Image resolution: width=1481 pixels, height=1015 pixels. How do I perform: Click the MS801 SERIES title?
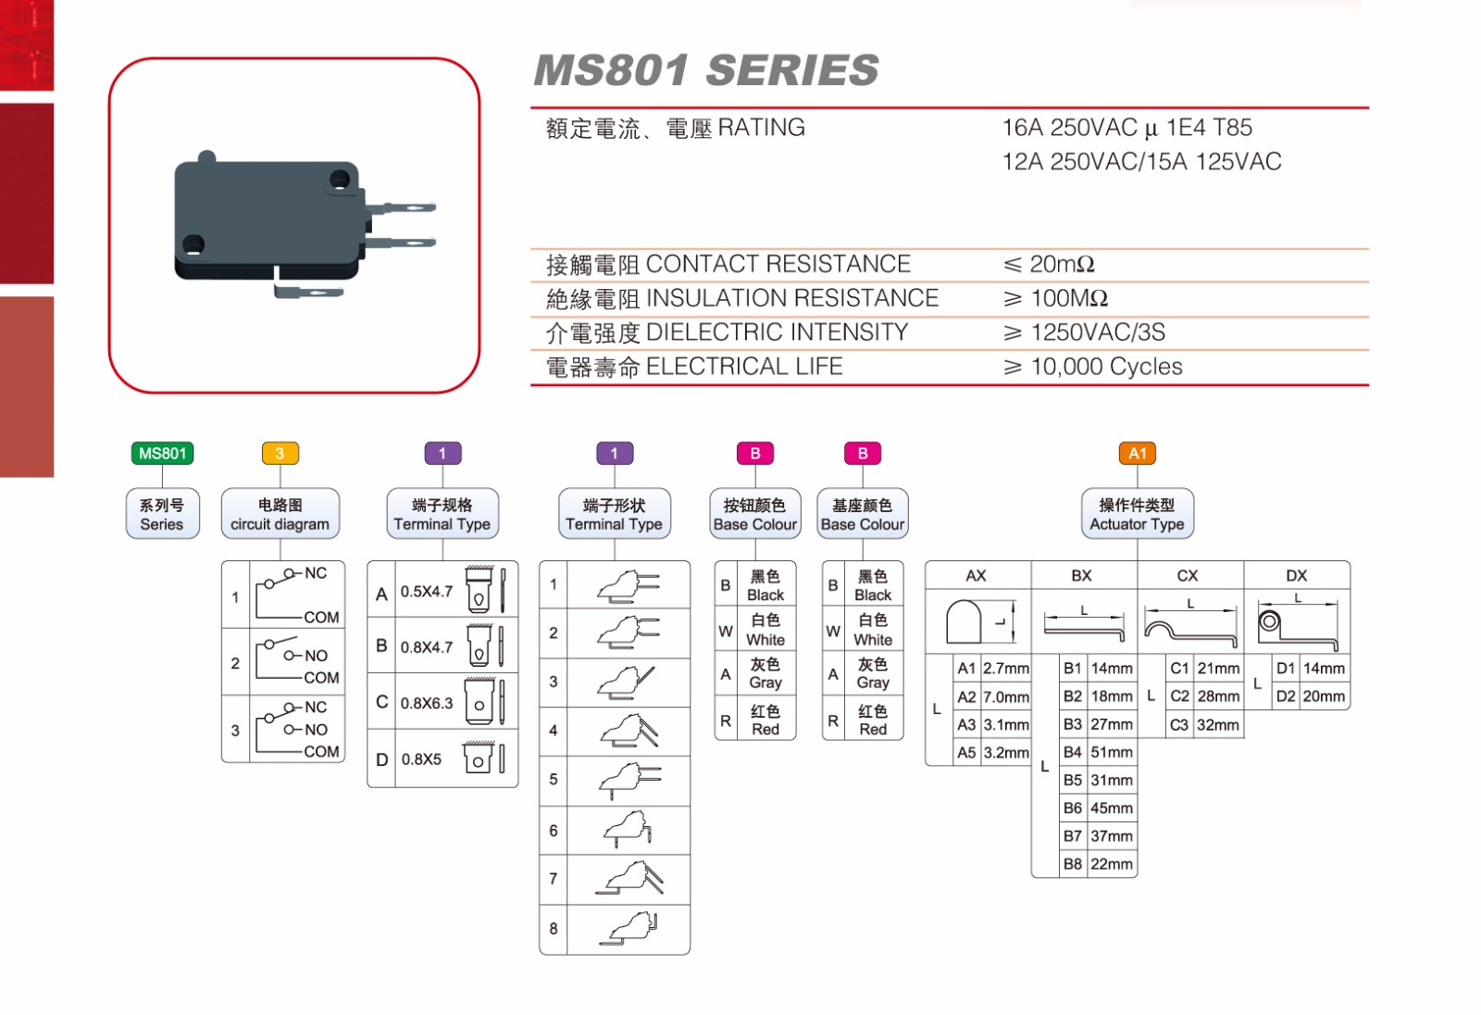705,70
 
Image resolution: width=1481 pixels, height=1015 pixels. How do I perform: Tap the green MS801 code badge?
162,453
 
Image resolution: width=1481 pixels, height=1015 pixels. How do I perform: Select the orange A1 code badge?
1137,453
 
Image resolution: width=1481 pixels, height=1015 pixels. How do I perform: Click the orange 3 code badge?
280,453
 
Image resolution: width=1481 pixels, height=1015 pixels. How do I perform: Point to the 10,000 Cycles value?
1106,367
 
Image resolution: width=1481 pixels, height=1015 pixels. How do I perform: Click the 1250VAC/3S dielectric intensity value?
1098,332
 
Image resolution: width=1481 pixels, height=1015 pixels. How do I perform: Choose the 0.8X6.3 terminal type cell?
427,703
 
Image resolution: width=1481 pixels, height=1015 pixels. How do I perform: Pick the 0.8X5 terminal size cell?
421,759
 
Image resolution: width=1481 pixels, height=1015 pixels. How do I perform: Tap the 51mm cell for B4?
1111,752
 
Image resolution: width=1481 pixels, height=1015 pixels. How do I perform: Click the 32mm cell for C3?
1217,724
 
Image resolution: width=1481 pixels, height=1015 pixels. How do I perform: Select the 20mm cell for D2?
1324,696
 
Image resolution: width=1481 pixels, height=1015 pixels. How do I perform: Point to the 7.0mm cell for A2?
1005,696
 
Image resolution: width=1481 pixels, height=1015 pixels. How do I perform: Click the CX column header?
1188,575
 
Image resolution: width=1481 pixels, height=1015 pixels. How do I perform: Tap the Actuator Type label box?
1137,514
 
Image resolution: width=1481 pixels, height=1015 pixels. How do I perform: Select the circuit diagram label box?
280,514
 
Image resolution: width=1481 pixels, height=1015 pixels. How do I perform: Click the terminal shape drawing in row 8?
628,929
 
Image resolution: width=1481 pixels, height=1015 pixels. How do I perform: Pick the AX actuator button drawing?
964,621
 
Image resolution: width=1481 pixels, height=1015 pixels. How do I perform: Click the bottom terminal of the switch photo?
308,293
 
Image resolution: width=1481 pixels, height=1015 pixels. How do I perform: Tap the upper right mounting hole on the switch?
341,179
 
